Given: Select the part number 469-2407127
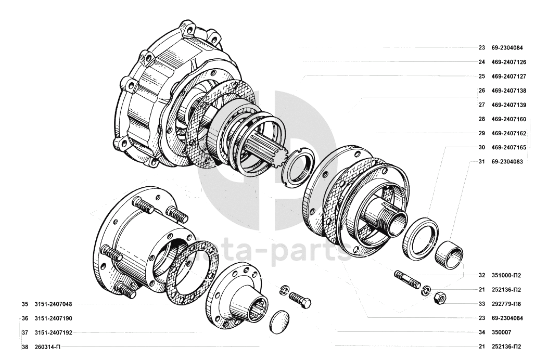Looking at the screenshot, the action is pos(509,76).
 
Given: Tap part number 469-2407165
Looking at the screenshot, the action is pos(509,148).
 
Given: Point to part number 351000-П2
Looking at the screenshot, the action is pos(506,275).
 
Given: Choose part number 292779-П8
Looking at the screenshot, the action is pos(506,304).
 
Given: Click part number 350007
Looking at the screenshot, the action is pos(501,332).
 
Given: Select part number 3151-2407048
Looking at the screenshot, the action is pos(53,304).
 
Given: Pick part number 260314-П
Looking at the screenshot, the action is pos(47,347).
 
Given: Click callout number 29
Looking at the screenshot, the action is pos(481,133).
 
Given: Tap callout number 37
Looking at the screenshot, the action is pos(24,333).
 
